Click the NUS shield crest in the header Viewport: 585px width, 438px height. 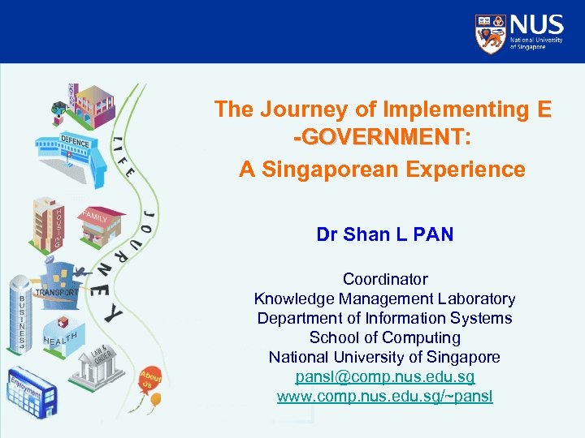490,32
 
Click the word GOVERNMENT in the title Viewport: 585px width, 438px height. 383,138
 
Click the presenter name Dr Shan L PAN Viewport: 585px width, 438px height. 384,235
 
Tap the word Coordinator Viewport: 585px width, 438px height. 384,279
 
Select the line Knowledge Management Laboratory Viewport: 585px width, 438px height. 384,298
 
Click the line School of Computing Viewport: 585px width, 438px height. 384,337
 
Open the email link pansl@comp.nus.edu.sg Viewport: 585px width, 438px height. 384,377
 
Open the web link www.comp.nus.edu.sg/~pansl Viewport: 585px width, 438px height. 384,397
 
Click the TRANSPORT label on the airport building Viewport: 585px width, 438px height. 58,291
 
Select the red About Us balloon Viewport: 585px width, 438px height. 149,379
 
